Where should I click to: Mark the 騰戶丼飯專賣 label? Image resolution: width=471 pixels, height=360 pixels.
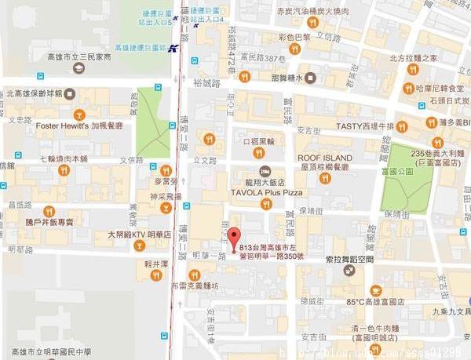coord(49,222)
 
